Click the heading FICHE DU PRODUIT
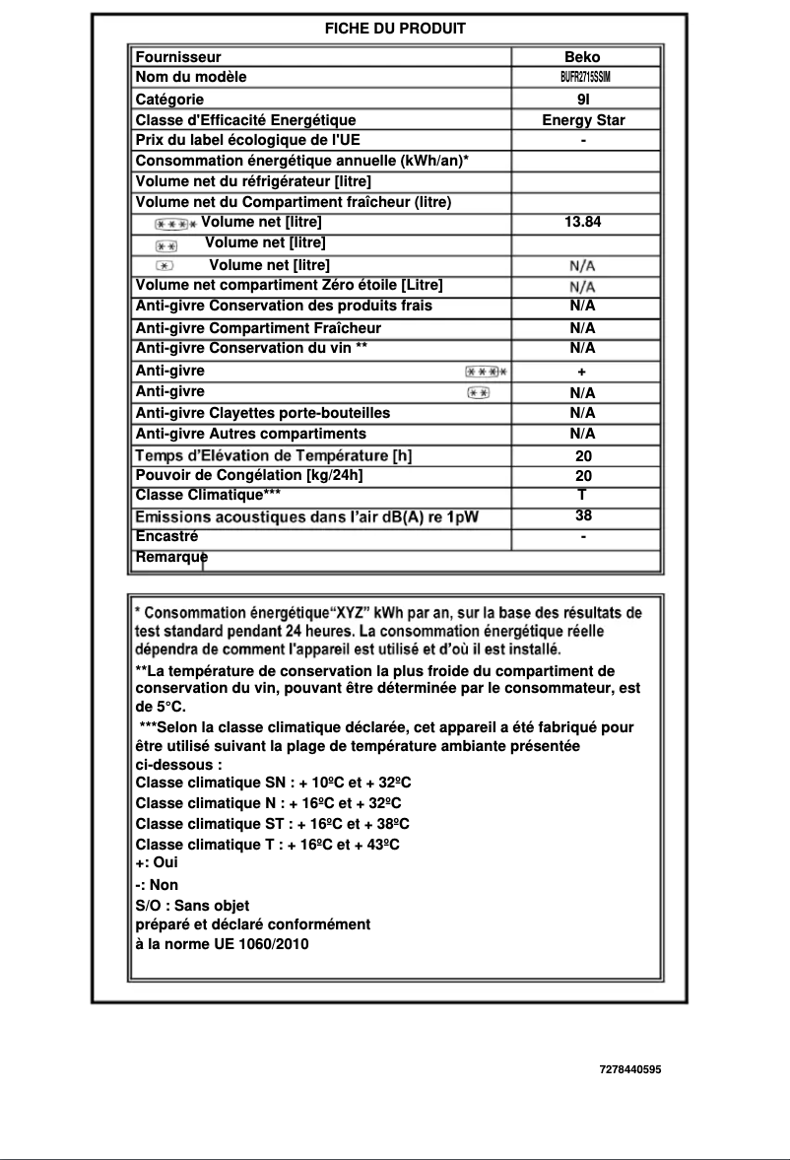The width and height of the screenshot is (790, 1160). point(395,29)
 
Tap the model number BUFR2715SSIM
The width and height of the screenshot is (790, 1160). point(585,77)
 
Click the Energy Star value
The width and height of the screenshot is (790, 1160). point(583,120)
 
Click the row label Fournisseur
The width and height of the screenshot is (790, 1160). point(178,57)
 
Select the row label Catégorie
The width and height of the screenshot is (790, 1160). point(169,99)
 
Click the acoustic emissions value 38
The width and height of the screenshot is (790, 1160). point(583,515)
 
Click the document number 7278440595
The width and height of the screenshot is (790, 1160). point(629,1068)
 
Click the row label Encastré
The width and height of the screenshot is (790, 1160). point(166,537)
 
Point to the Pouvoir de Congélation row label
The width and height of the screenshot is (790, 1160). point(249,475)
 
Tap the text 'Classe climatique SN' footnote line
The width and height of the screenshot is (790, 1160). point(272,783)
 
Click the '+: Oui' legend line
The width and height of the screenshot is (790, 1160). point(157,861)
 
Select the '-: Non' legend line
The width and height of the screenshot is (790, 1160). point(157,885)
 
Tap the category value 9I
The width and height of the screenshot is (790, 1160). point(583,100)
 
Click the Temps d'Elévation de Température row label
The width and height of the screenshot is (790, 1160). point(273,455)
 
